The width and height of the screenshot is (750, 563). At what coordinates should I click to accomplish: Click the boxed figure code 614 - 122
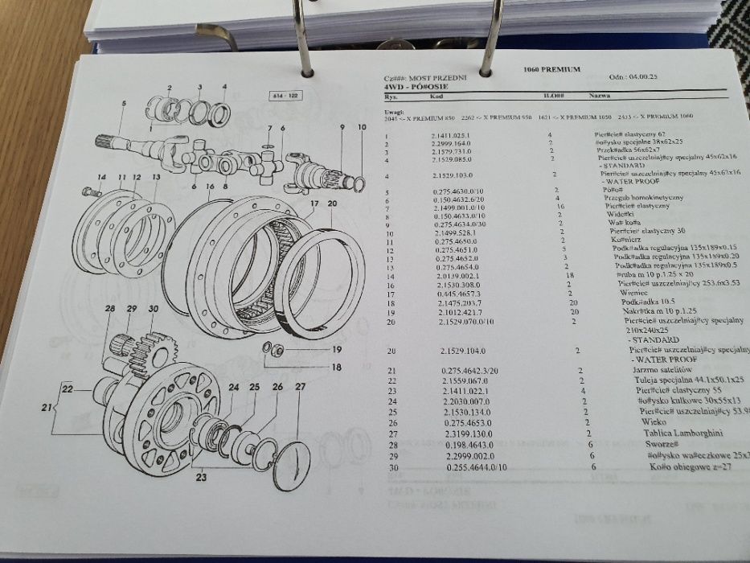[285, 96]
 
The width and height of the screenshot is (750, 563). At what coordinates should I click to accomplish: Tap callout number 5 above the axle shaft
[123, 104]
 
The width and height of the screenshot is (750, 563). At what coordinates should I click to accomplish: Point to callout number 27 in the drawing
[300, 388]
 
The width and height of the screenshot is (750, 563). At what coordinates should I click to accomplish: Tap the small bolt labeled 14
[89, 193]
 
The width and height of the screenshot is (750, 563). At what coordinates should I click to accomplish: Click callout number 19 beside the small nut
[336, 350]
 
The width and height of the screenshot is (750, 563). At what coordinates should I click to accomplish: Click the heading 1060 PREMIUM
[551, 70]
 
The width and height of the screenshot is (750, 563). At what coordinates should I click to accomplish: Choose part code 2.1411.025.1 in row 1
[449, 136]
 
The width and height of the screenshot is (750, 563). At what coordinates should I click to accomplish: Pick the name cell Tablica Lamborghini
[671, 433]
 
